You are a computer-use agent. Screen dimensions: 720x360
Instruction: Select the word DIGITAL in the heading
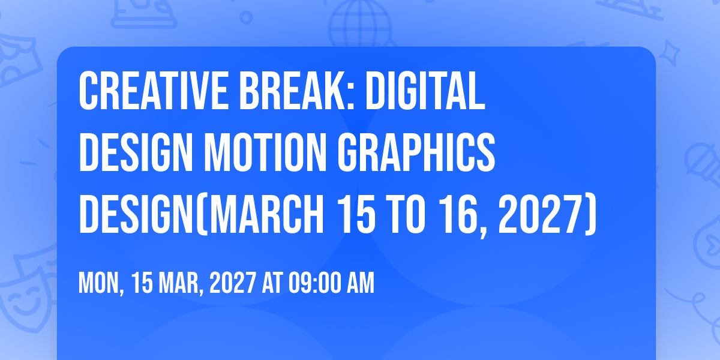[x=425, y=91]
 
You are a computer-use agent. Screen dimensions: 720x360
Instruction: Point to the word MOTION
[x=265, y=152]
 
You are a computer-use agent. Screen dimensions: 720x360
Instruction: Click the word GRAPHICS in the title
[x=416, y=152]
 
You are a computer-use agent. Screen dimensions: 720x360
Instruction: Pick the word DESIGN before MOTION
[x=136, y=152]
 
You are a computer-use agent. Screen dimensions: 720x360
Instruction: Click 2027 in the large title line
[x=541, y=214]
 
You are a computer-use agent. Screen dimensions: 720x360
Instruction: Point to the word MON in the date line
[x=98, y=283]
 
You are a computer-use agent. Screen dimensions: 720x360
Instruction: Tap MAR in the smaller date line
[x=179, y=283]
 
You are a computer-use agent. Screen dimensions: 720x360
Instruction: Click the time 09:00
[x=314, y=283]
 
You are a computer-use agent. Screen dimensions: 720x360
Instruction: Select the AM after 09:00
[x=361, y=283]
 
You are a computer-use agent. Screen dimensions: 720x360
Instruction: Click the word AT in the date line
[x=272, y=283]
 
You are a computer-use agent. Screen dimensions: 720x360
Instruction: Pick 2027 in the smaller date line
[x=233, y=283]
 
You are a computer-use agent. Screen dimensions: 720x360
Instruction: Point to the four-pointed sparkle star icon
[x=669, y=52]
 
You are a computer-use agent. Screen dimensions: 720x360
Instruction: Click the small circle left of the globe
[x=246, y=17]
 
